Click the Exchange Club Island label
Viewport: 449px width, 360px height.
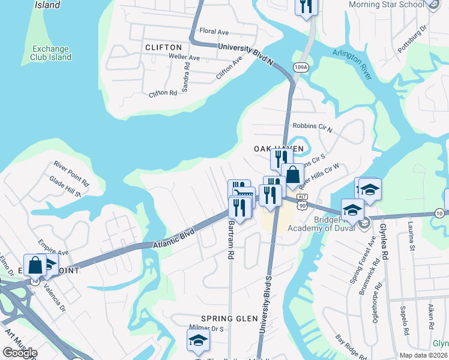[x=52, y=53]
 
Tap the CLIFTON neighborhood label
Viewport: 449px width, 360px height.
[x=163, y=47]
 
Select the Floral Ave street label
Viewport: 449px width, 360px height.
[x=214, y=31]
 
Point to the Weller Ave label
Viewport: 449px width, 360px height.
[x=184, y=58]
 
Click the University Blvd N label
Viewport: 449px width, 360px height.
[x=246, y=52]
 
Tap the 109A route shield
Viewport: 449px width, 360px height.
[x=301, y=67]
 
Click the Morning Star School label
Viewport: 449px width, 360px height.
[x=386, y=5]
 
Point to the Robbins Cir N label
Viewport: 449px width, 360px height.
[x=312, y=127]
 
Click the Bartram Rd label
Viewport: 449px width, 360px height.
[x=231, y=239]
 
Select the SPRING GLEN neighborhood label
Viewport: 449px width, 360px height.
[x=225, y=318]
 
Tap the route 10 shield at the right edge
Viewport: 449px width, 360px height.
[x=439, y=213]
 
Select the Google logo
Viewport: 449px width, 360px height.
[x=20, y=353]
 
